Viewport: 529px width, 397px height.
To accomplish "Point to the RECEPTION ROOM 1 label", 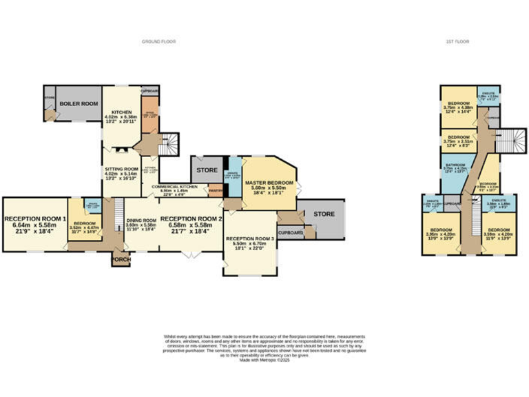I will (x=34, y=219).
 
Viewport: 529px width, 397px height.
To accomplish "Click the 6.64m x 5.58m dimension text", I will (x=34, y=225).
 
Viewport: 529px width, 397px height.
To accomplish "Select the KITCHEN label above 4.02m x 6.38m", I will (x=121, y=112).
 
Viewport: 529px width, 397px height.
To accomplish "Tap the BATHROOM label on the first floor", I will (x=455, y=165).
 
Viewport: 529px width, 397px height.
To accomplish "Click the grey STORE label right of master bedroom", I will (x=323, y=214).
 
